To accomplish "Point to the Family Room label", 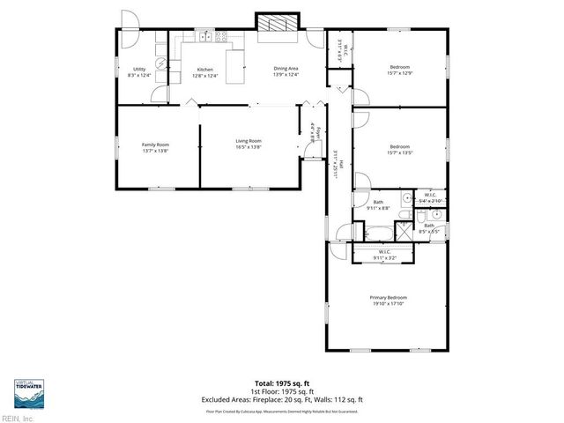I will coord(155,147).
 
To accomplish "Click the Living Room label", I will coord(248,144).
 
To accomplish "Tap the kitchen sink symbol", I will coord(204,37).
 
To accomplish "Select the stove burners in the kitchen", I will coord(221,37).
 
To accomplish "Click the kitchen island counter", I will coord(234,66).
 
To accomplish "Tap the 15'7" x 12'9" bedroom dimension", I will coord(399,74).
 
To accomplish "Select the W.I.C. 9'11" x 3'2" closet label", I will coord(383,256).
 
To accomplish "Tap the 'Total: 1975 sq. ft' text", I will coord(282,385).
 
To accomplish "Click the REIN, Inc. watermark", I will coord(17,418).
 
